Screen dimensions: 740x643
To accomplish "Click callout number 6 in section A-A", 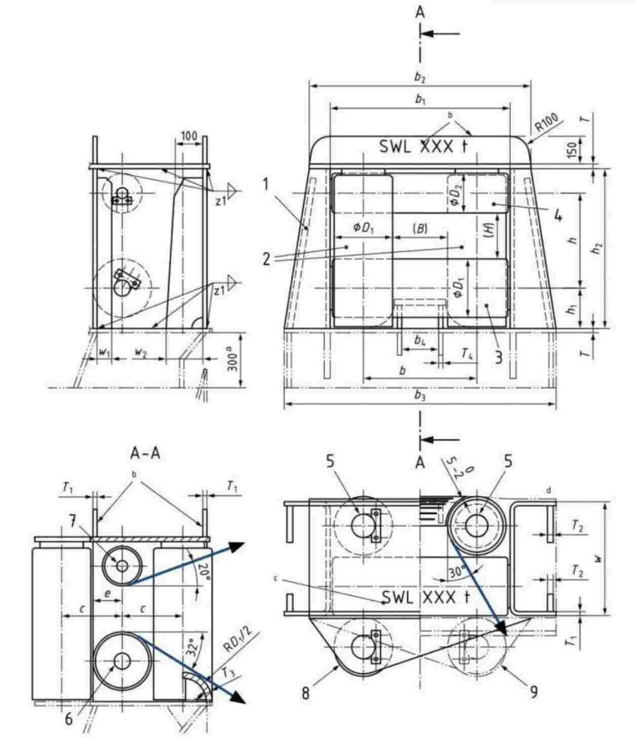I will (x=69, y=717).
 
